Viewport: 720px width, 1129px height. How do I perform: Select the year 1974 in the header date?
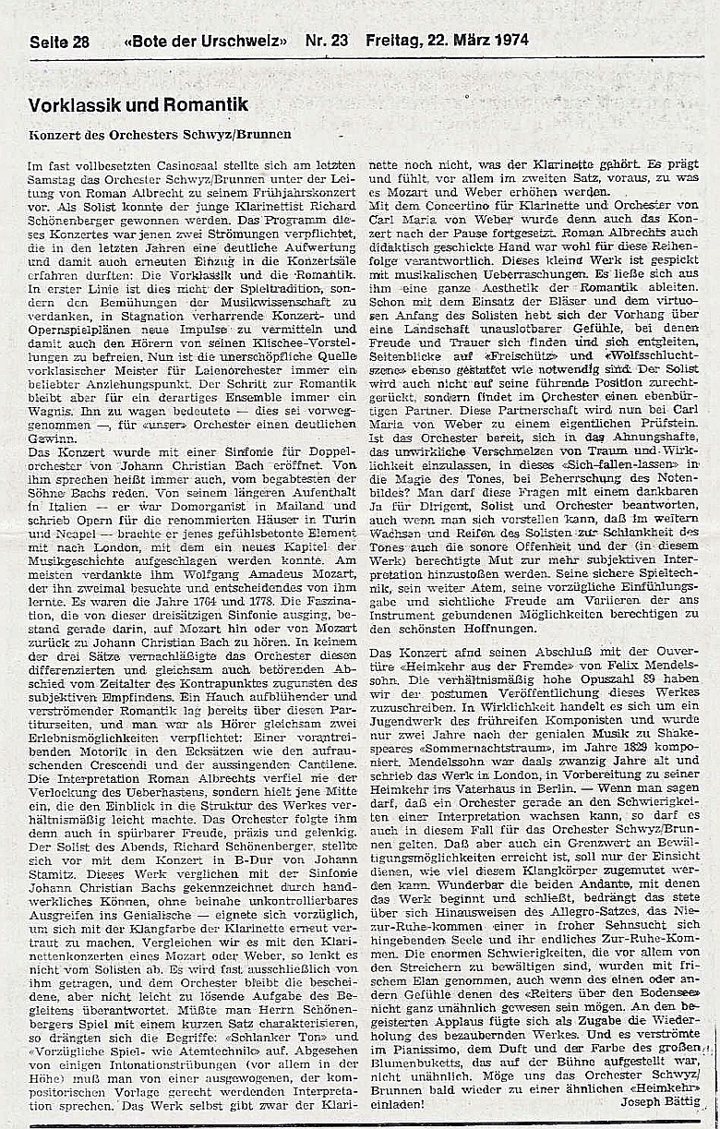coord(506,41)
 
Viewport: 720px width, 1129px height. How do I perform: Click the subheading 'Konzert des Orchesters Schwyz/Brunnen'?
coord(160,134)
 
